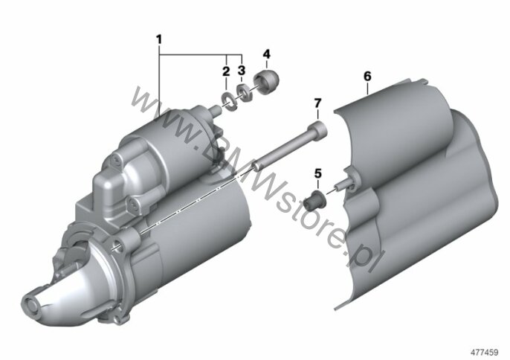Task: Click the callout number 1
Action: click(159, 39)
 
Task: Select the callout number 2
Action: click(226, 71)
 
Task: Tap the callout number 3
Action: click(242, 70)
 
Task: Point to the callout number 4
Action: click(266, 54)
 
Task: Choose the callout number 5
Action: click(317, 173)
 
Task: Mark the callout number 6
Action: click(367, 77)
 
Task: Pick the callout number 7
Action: click(317, 103)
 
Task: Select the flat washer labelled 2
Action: click(229, 102)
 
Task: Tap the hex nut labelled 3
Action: click(245, 92)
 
